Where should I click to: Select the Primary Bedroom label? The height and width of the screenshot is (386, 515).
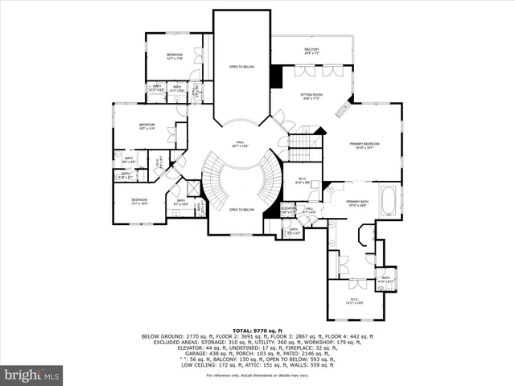coord(365,146)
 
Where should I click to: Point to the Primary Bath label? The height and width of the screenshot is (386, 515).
coord(356,203)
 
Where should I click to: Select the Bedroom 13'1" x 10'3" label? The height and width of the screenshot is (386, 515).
coord(139,201)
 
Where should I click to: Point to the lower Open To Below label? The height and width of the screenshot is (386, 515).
coord(241,209)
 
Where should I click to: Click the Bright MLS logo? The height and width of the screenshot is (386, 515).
coord(33,374)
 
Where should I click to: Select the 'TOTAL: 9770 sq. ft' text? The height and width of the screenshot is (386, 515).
coord(257,330)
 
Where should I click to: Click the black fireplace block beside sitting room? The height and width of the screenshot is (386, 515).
coord(277,76)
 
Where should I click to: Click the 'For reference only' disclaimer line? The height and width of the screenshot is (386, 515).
coord(257,376)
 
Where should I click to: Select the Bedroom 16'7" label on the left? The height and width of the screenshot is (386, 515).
coord(146,127)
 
